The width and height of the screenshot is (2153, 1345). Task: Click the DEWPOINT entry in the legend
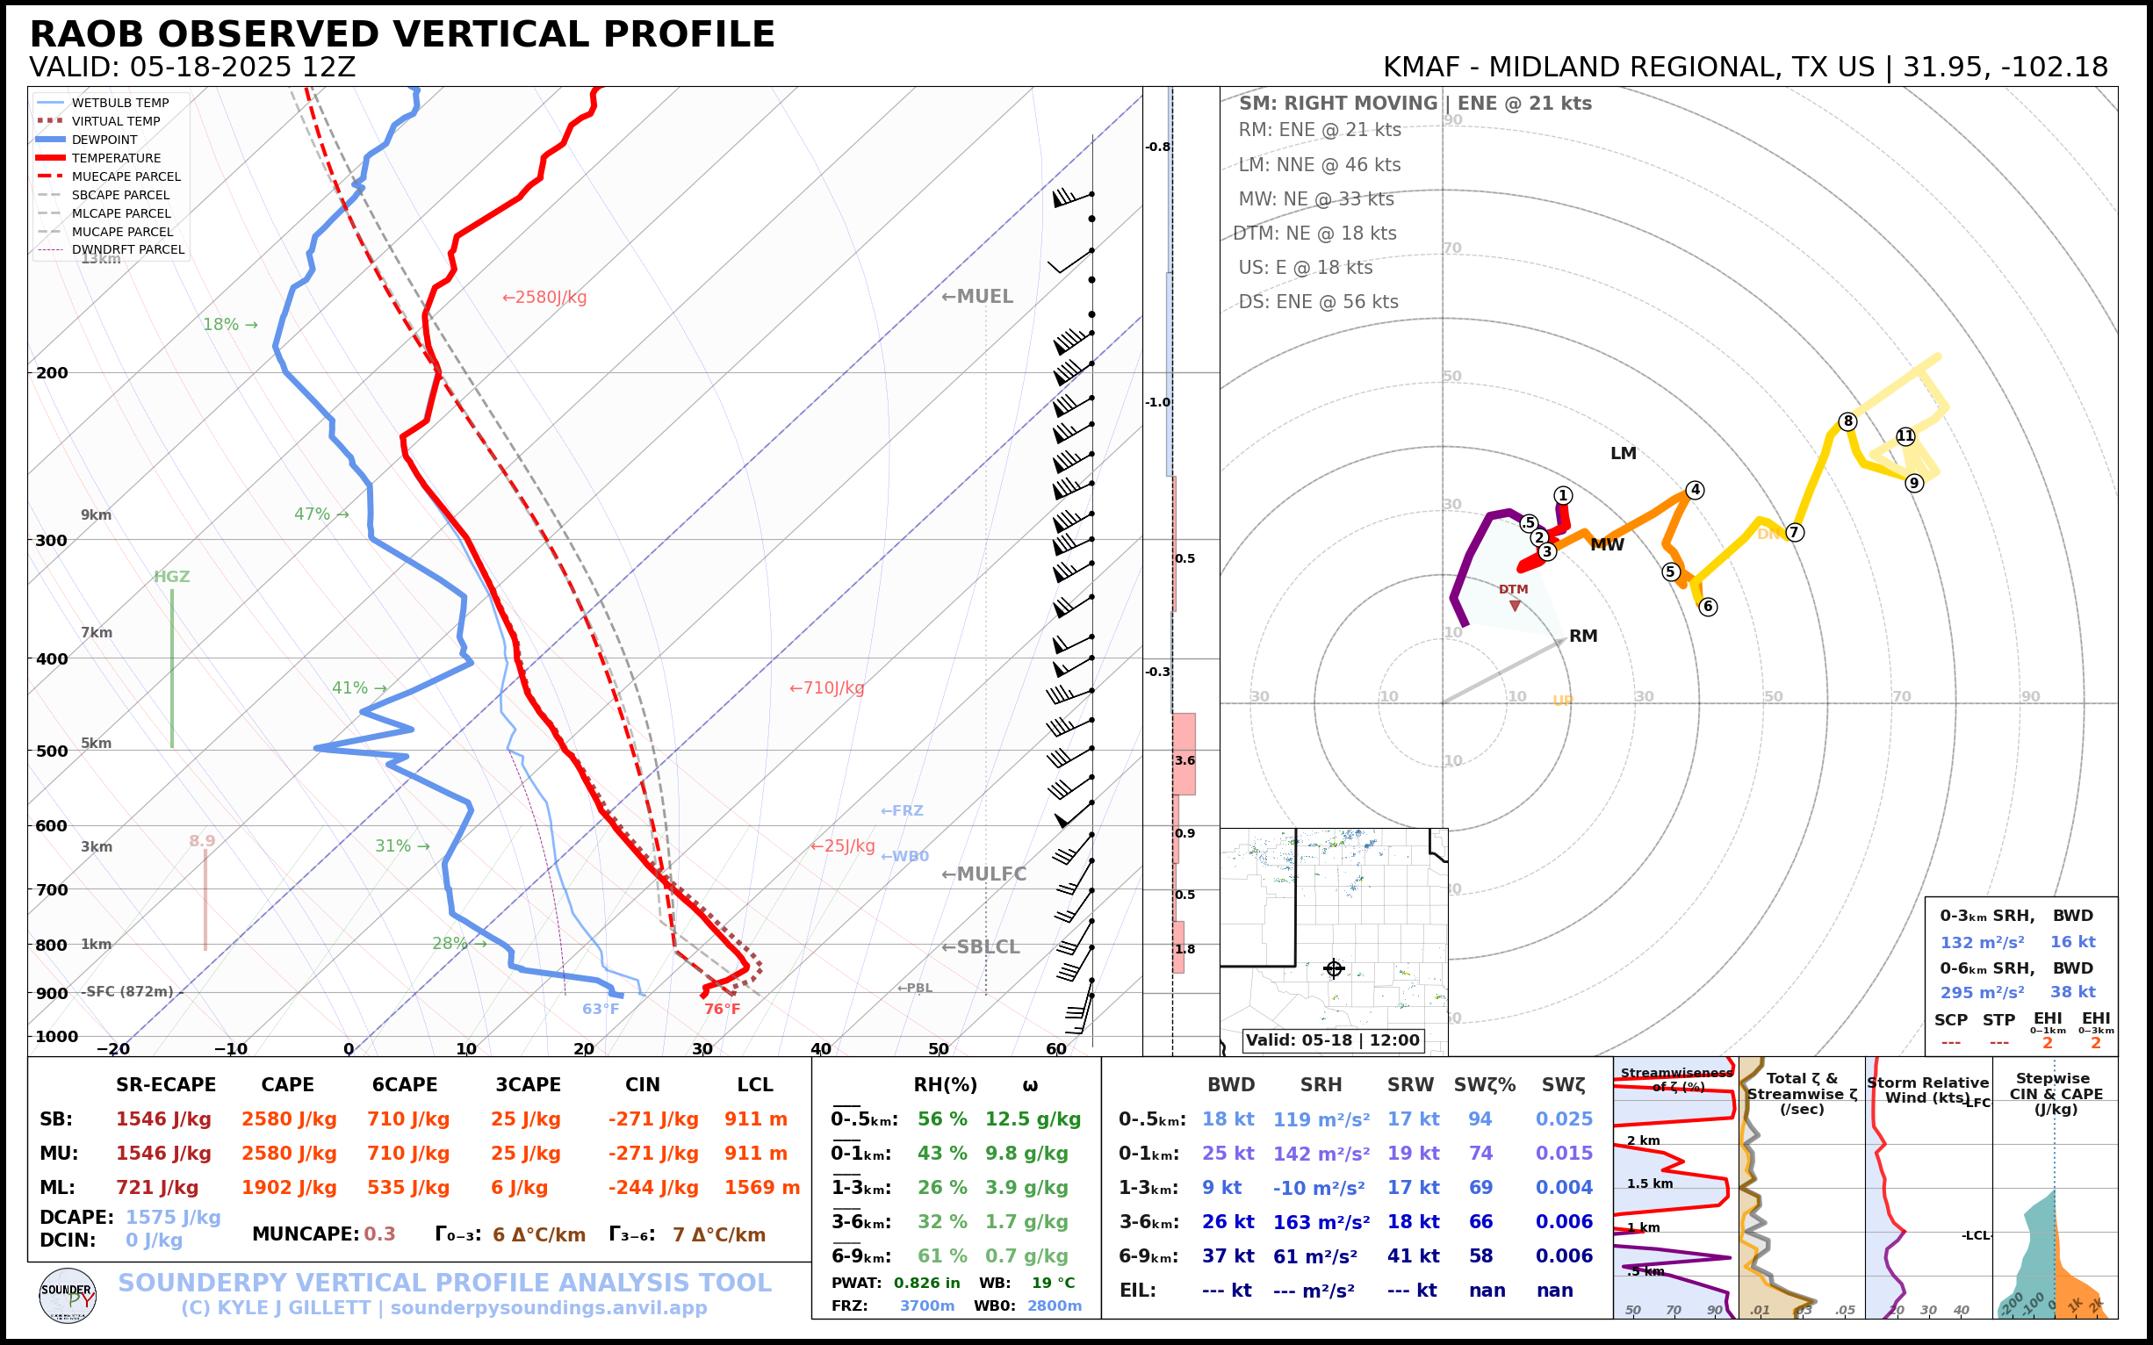click(x=104, y=140)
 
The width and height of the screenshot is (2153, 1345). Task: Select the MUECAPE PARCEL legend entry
click(x=126, y=176)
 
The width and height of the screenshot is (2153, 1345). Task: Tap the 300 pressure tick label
click(x=52, y=541)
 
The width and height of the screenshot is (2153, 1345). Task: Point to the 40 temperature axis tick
click(x=820, y=1049)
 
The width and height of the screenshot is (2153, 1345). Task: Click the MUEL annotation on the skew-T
click(x=977, y=297)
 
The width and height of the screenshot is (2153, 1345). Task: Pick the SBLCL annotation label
click(x=981, y=947)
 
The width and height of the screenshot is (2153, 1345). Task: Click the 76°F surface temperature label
click(x=722, y=1009)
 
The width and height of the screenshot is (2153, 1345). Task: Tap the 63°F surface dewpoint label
click(x=601, y=1009)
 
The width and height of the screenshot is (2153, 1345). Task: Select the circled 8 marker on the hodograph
click(x=1847, y=421)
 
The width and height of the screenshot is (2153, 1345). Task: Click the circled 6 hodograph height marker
click(x=1707, y=607)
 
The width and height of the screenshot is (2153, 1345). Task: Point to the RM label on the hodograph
click(x=1583, y=636)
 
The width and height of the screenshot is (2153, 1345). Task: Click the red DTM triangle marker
click(x=1516, y=606)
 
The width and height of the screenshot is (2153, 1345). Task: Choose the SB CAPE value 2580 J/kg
click(x=288, y=1119)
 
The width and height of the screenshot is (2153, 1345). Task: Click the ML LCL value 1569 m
click(x=761, y=1188)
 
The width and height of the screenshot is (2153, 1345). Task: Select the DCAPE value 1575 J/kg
click(x=173, y=1217)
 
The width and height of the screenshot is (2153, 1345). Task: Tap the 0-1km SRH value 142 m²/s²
click(x=1321, y=1154)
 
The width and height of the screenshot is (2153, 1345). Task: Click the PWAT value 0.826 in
click(x=926, y=1283)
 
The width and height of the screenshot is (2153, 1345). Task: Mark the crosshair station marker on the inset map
click(x=1333, y=968)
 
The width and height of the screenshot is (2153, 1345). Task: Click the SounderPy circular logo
click(x=68, y=1296)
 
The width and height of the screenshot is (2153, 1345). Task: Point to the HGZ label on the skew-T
click(x=172, y=577)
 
